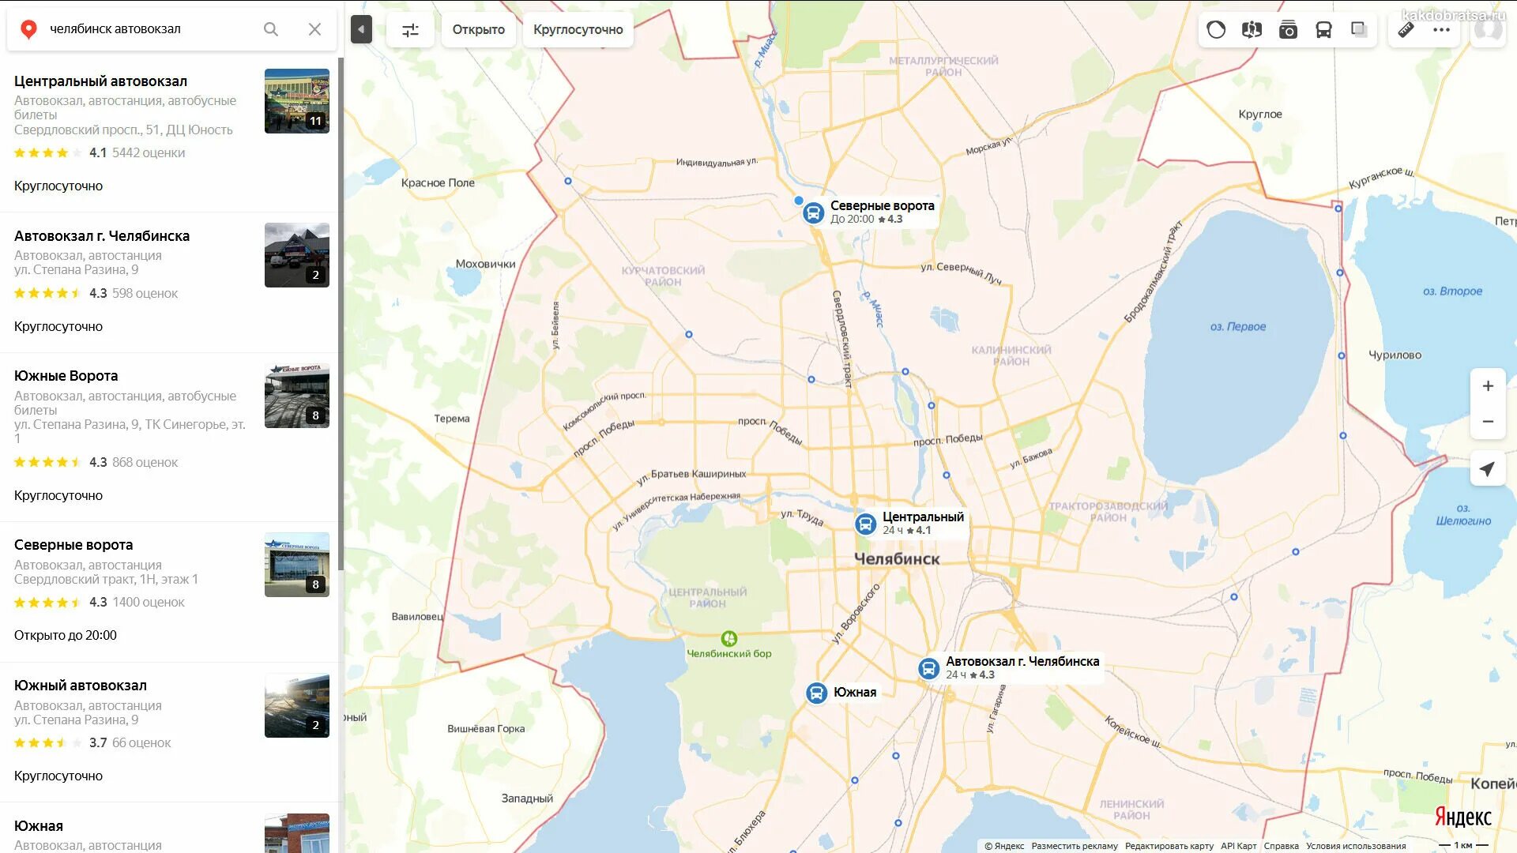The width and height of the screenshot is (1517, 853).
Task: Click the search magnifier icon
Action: click(x=271, y=29)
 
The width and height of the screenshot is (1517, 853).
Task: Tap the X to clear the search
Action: click(x=314, y=29)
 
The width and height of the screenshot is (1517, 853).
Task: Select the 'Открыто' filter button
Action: click(x=478, y=29)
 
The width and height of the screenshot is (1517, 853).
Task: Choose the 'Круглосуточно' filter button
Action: click(x=578, y=29)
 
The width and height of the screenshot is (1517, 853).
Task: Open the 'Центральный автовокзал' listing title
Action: click(x=100, y=81)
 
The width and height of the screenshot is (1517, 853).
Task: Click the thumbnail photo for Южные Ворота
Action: click(x=296, y=396)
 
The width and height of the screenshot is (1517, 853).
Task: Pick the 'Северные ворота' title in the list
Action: click(x=73, y=545)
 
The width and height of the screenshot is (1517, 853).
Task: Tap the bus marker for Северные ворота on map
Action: click(x=813, y=212)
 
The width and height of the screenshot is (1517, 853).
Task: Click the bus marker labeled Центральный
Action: click(x=865, y=524)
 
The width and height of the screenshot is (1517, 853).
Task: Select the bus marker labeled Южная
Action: click(x=816, y=693)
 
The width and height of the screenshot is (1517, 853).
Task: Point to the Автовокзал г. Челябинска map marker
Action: click(x=928, y=668)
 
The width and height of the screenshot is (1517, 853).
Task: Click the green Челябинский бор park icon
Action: click(x=728, y=638)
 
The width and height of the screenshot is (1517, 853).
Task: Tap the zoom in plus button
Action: click(x=1487, y=386)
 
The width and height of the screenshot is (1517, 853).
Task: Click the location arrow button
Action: click(x=1487, y=469)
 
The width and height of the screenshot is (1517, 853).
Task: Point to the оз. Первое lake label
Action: click(x=1237, y=327)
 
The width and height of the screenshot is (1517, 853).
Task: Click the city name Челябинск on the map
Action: click(x=897, y=559)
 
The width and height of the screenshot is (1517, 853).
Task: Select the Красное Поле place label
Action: click(x=438, y=183)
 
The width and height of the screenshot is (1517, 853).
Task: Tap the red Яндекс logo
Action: click(x=1462, y=817)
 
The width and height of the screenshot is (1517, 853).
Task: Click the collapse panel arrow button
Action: click(x=361, y=30)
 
